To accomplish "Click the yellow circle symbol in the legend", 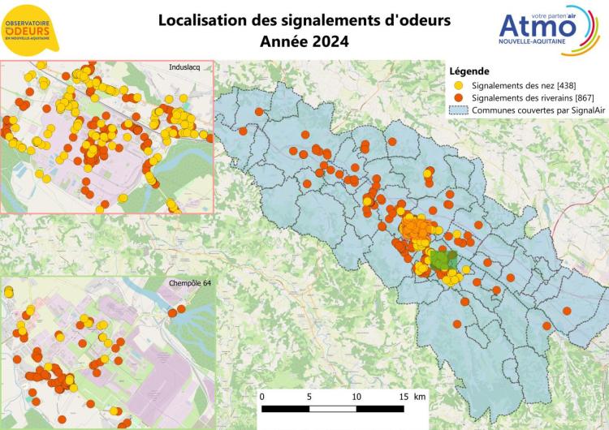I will coord(459,84).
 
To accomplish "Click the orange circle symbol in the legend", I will coord(459,97).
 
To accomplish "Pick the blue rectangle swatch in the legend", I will coord(459,110).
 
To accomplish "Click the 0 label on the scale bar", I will coord(262,398).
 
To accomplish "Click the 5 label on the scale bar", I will coord(309,398).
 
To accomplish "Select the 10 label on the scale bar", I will coord(356,398).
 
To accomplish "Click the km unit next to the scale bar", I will coord(420,398).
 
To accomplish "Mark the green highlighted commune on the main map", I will coord(442,260).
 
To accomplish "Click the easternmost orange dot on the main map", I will coord(546,325).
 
